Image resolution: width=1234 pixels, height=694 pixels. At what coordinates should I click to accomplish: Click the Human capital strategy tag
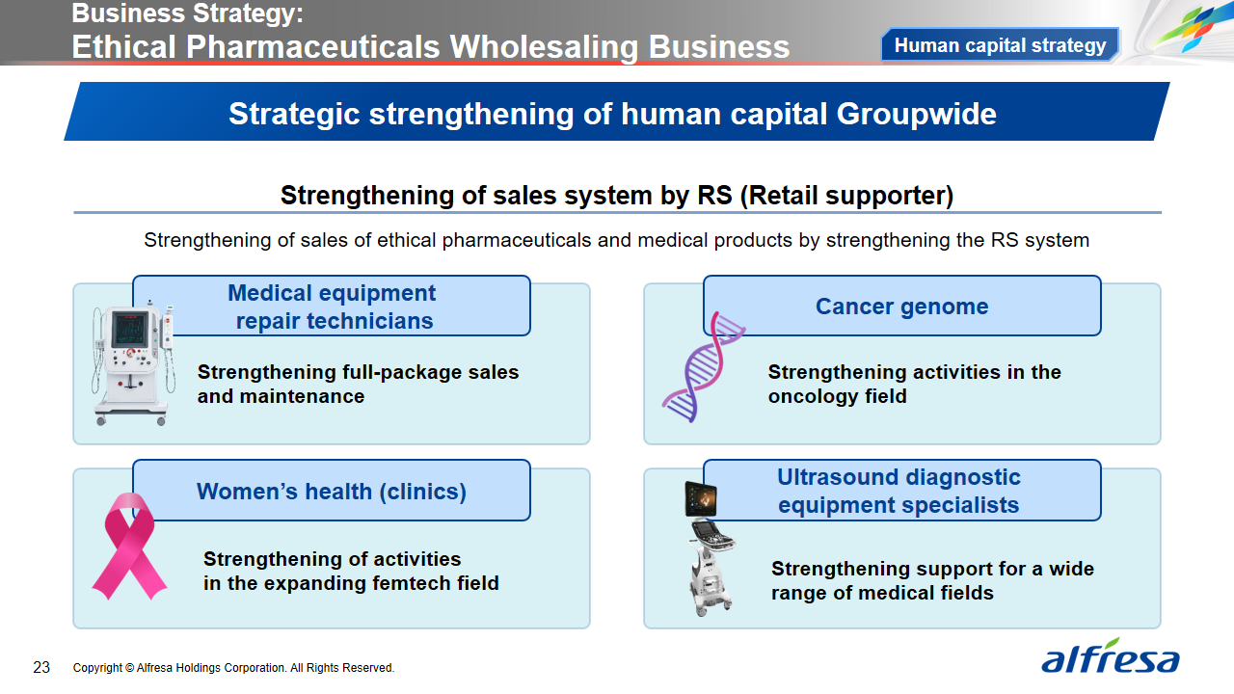(1000, 44)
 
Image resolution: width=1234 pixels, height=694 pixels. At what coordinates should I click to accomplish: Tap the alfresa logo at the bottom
(1110, 656)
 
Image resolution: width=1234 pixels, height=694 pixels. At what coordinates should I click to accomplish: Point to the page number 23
(41, 668)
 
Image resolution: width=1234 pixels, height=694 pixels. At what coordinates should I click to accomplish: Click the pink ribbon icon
(129, 546)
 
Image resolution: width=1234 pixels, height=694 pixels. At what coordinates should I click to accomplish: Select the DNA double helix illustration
(703, 367)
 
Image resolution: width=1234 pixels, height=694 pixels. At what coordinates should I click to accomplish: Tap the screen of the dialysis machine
(130, 330)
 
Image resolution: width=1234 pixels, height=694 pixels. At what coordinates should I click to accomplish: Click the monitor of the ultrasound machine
(701, 499)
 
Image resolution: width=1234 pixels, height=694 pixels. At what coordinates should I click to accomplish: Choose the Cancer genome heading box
(901, 306)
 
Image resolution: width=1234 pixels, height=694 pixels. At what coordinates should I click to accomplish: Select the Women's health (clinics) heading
(332, 491)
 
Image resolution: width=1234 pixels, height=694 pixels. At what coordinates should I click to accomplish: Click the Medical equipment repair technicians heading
(332, 307)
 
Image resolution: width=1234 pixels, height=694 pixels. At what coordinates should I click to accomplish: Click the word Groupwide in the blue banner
(917, 114)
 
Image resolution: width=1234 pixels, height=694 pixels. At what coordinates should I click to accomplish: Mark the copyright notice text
(233, 668)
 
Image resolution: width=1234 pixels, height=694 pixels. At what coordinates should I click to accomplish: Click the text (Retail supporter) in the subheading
(846, 196)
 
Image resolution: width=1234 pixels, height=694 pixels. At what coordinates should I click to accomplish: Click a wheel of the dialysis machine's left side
(101, 421)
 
